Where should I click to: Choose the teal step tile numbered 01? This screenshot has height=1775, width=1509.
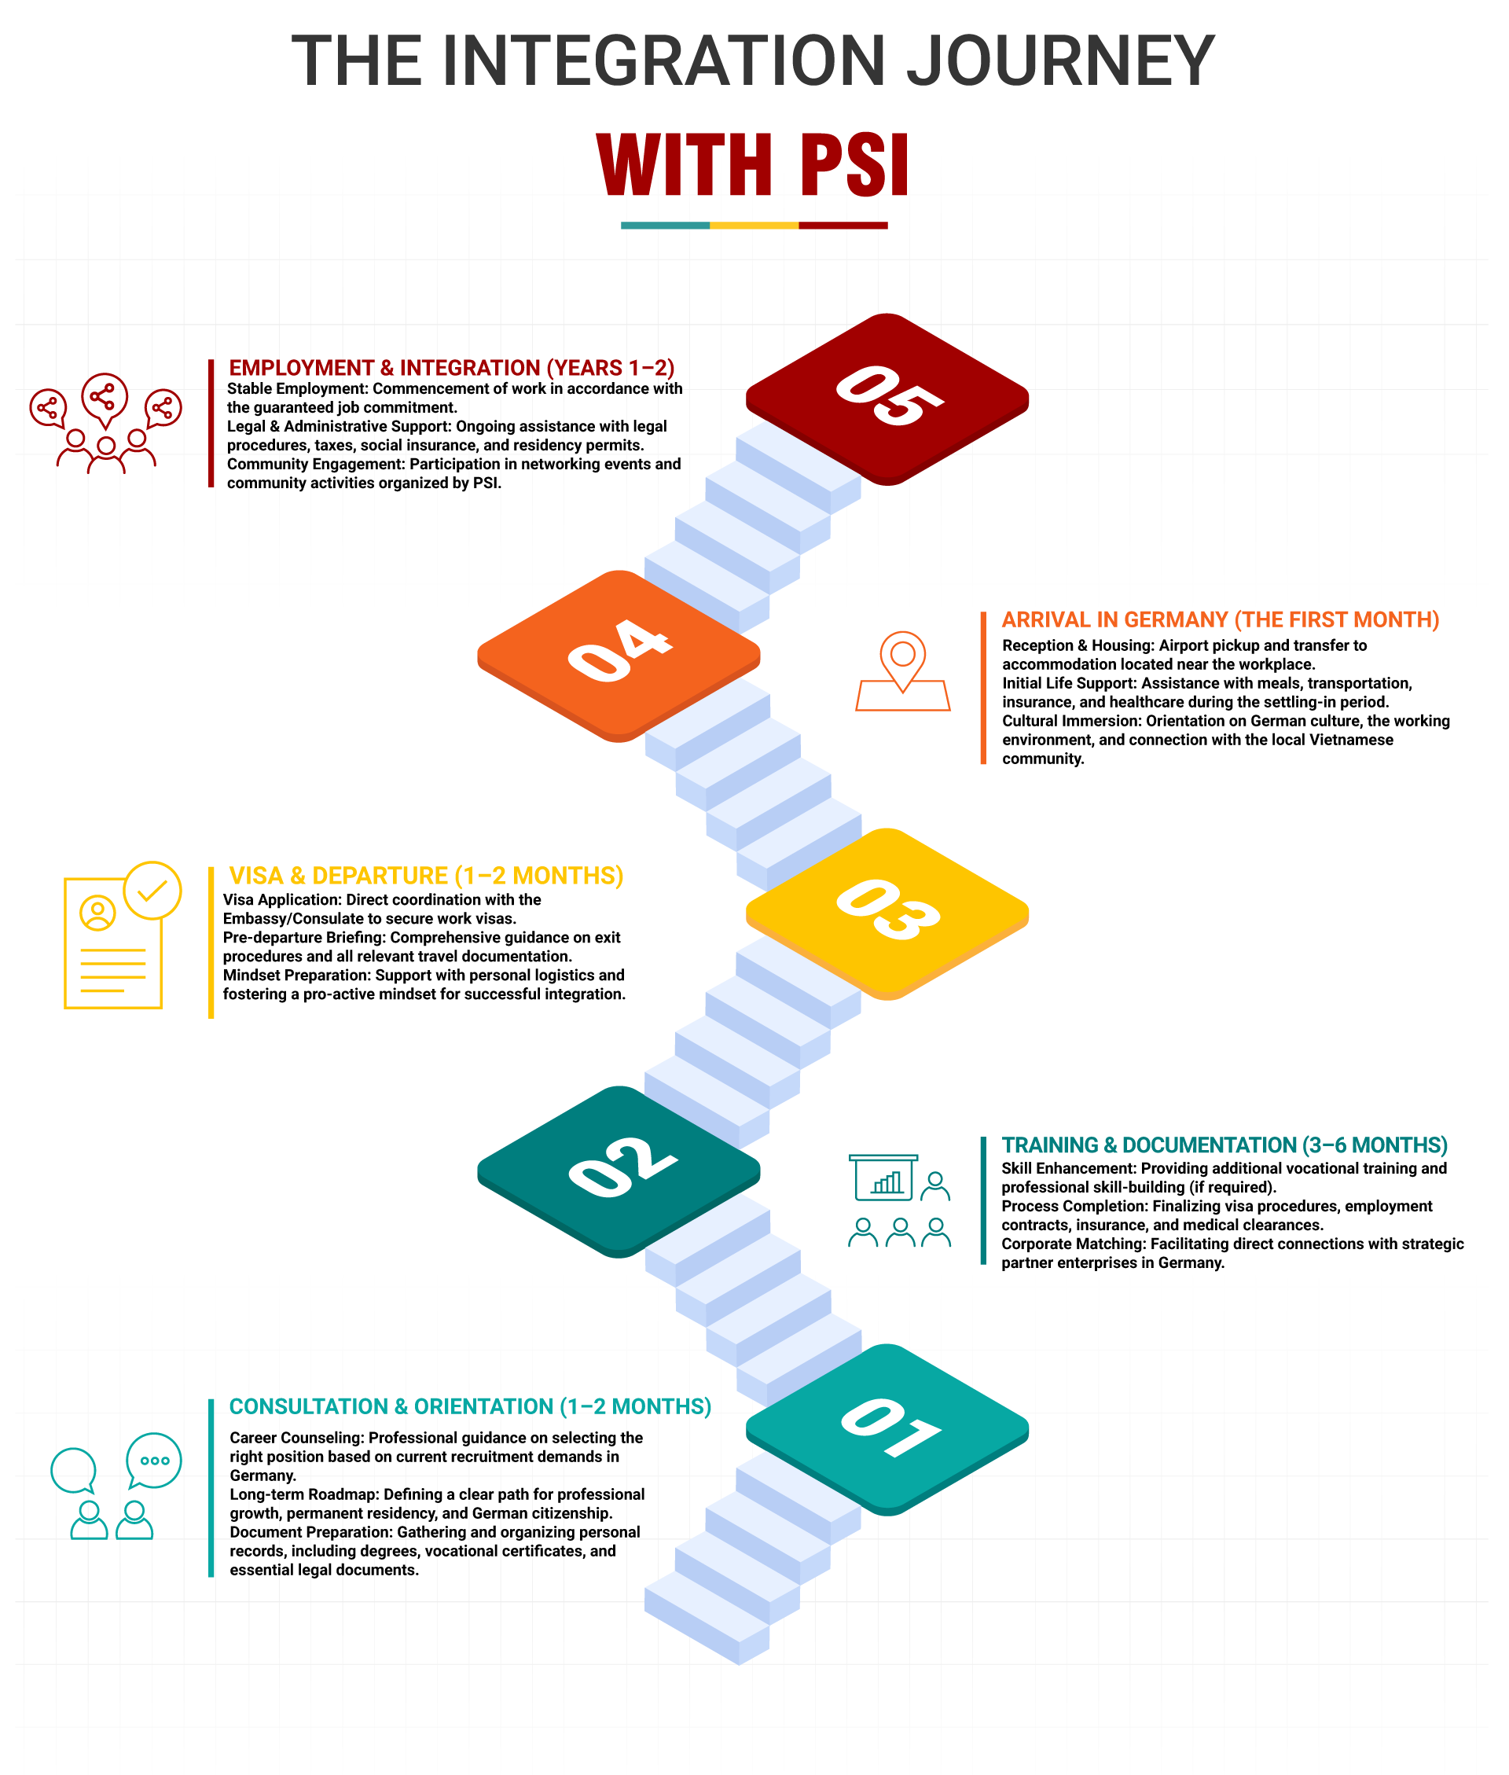(887, 1427)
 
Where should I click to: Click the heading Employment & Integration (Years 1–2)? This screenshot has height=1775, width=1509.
(451, 368)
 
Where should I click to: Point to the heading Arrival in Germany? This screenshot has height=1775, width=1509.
(1220, 619)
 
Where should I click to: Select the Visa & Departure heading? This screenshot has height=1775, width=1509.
(426, 876)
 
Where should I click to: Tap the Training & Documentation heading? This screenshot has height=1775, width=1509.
(1224, 1145)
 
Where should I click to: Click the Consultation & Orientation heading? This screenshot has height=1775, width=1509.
(470, 1406)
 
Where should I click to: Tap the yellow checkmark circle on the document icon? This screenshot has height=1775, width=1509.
(152, 891)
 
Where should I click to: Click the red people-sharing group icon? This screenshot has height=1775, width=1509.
(105, 424)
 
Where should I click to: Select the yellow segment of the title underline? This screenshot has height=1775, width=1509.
(754, 226)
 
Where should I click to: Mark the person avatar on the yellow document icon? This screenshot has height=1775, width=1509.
(97, 913)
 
